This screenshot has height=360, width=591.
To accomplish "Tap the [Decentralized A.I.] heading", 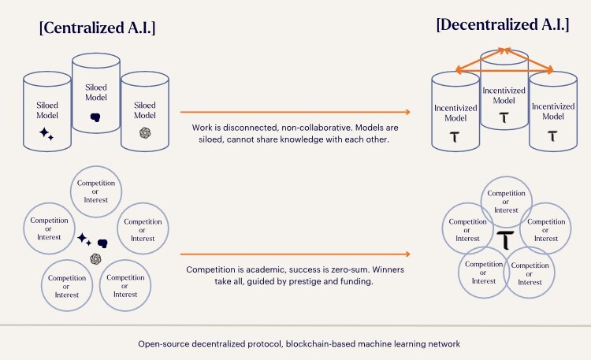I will [502, 24].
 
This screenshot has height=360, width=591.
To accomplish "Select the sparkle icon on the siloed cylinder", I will [46, 134].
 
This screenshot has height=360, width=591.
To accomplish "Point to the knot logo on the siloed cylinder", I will [143, 133].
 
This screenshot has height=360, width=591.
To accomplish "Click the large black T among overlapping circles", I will [504, 239].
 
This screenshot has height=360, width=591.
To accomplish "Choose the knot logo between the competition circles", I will [95, 258].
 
